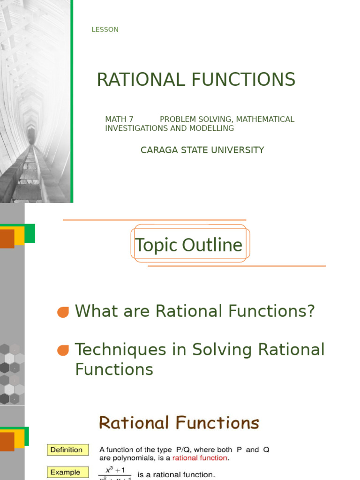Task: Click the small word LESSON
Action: click(x=105, y=30)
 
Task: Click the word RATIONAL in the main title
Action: click(x=141, y=80)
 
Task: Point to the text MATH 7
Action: click(x=119, y=119)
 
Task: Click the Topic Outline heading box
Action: click(x=189, y=245)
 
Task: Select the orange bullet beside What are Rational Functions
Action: click(x=63, y=312)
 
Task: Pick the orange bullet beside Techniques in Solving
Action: click(x=63, y=350)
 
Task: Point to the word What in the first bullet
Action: click(x=96, y=311)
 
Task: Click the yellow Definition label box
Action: click(x=67, y=450)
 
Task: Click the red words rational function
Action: click(x=200, y=458)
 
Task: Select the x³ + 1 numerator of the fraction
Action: click(x=114, y=470)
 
